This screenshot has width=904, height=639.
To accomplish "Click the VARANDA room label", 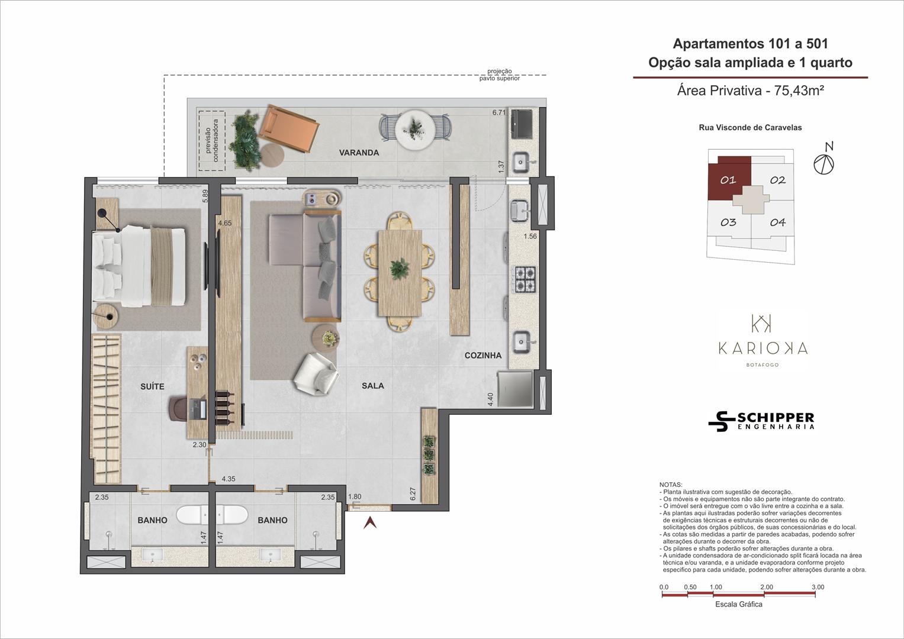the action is click(359, 153).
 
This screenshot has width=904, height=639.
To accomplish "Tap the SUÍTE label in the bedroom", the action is click(152, 386).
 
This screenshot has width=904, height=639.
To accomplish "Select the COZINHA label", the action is click(482, 356).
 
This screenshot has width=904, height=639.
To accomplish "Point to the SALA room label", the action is click(372, 386).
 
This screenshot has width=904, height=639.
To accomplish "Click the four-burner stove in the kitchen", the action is click(525, 279).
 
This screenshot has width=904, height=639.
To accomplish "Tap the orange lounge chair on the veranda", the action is click(288, 129).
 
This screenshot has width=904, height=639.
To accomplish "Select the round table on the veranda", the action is click(415, 130).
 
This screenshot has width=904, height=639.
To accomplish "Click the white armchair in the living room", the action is click(316, 374).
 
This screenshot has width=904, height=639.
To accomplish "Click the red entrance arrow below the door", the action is click(370, 523).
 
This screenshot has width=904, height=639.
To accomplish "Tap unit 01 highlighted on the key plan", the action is click(729, 179).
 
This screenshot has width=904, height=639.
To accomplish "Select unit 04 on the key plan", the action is click(777, 222).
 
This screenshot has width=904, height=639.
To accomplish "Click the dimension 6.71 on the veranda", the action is click(499, 112).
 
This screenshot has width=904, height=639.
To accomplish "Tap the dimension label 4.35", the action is click(229, 479).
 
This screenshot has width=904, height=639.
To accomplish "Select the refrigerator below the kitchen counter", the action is click(515, 389).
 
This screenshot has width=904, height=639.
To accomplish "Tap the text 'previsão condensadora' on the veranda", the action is click(211, 140).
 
